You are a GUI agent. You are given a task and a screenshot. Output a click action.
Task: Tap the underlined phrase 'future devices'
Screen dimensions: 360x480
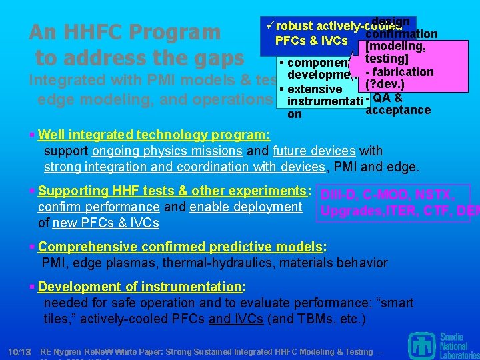click(312, 151)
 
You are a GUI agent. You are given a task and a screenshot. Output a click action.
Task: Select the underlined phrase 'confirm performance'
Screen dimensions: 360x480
click(99, 207)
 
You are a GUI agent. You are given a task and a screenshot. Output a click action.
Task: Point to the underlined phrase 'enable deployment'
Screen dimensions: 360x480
click(245, 207)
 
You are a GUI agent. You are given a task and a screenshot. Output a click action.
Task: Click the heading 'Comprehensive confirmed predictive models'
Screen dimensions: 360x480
click(180, 247)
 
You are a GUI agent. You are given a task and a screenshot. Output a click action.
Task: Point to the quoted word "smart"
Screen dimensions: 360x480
click(395, 303)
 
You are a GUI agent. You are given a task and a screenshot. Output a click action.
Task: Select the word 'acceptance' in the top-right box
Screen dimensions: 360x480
click(398, 109)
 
